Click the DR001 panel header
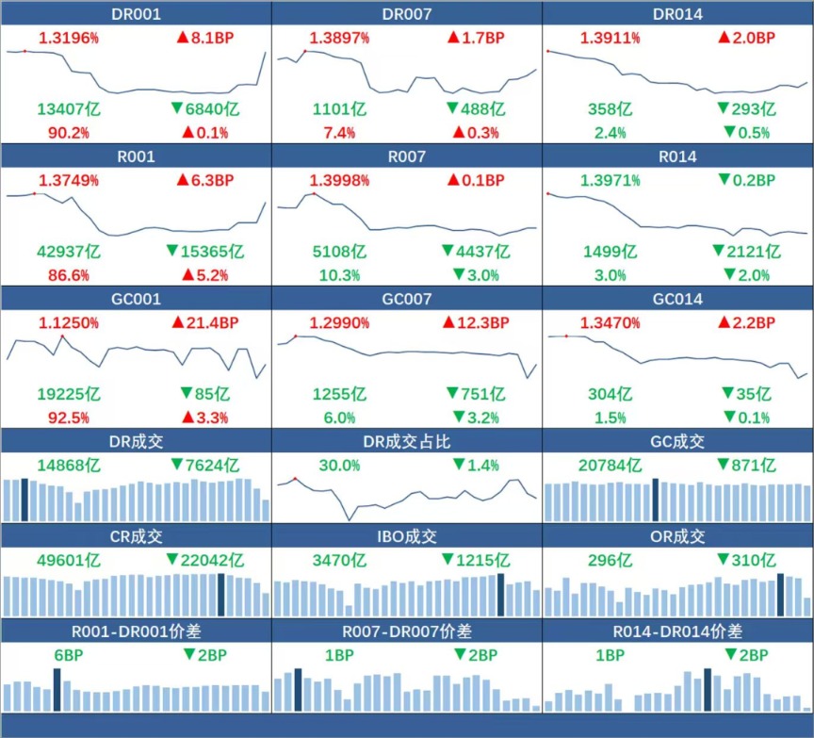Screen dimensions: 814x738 [x=136, y=14]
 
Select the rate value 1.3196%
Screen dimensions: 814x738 [x=69, y=38]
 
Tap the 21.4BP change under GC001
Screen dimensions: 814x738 [x=205, y=322]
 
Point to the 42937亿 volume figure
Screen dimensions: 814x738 [x=69, y=252]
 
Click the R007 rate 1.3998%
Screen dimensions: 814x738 [x=339, y=180]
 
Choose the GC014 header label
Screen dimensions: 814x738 [x=677, y=299]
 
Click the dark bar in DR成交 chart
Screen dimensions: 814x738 [x=24, y=500]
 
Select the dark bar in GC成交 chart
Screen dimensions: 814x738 [x=655, y=500]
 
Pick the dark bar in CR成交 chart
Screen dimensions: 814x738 [x=221, y=595]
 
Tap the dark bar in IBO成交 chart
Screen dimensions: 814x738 [x=501, y=595]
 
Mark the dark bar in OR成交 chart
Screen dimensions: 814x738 [x=780, y=595]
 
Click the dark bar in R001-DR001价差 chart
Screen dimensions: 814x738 [x=57, y=690]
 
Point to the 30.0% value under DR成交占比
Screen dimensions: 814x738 [x=339, y=466]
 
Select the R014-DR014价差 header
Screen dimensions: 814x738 [x=677, y=631]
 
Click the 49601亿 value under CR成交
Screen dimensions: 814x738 [x=69, y=561]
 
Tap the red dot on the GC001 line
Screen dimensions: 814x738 [x=62, y=336]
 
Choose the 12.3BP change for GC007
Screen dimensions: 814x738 [x=477, y=322]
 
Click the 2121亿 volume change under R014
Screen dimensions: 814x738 [x=747, y=252]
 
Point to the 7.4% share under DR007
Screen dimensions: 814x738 [x=339, y=133]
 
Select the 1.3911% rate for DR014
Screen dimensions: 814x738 [x=610, y=38]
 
